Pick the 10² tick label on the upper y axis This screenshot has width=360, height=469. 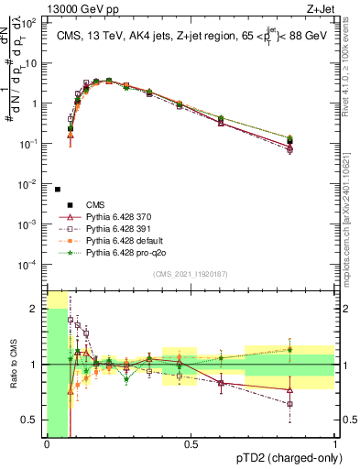point(31,22)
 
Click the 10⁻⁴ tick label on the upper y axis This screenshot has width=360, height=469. point(31,265)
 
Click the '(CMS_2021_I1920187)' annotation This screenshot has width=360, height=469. point(190,275)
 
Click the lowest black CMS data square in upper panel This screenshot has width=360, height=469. point(58,190)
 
